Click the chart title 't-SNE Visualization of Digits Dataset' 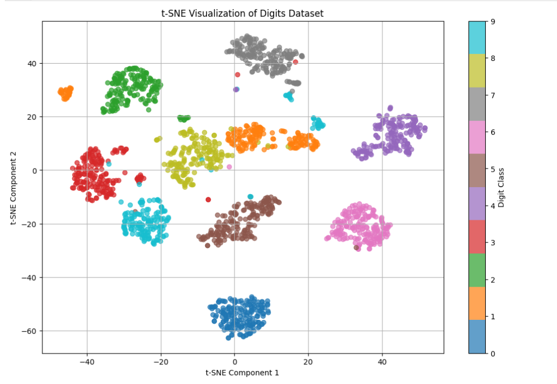point(243,13)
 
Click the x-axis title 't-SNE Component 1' point(242,373)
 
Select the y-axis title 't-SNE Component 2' point(13,188)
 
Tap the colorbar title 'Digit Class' point(501,188)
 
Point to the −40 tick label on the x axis point(87,361)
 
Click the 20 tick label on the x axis point(308,361)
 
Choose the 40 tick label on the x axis point(382,361)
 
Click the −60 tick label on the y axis point(29,331)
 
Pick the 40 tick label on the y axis point(32,64)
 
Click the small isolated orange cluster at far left point(66,93)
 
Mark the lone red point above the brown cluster point(208,200)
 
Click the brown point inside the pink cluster point(357,247)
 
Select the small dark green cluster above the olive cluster point(184,118)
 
